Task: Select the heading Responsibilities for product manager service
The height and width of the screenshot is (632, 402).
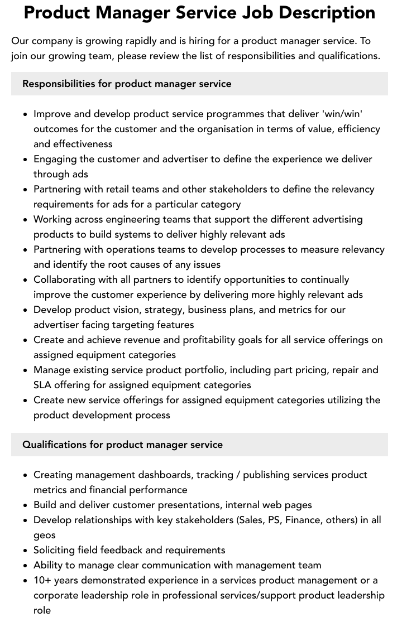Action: pos(127,84)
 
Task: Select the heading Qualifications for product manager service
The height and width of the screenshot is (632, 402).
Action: pos(122,445)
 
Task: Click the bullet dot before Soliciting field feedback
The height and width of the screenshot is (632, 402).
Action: pos(26,551)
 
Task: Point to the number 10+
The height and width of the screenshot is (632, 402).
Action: pos(42,581)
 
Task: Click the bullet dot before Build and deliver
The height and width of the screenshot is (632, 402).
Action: pos(26,505)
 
